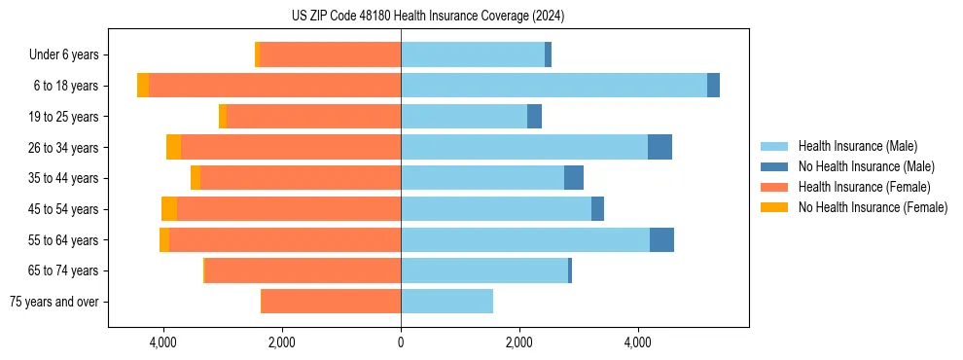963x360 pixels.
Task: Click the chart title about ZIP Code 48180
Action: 428,17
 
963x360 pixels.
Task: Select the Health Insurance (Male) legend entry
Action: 857,147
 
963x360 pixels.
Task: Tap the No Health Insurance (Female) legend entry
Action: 873,207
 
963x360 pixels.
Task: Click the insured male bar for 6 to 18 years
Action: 553,86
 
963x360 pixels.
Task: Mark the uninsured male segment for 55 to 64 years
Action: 661,240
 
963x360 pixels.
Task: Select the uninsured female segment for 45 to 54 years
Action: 169,209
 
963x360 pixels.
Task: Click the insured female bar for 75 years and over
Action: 332,302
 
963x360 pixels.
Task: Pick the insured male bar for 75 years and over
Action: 446,302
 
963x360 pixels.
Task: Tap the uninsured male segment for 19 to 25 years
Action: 534,117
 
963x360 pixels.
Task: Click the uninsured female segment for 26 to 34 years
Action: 173,148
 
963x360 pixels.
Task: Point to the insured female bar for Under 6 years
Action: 330,55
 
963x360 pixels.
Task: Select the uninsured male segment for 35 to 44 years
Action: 574,178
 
